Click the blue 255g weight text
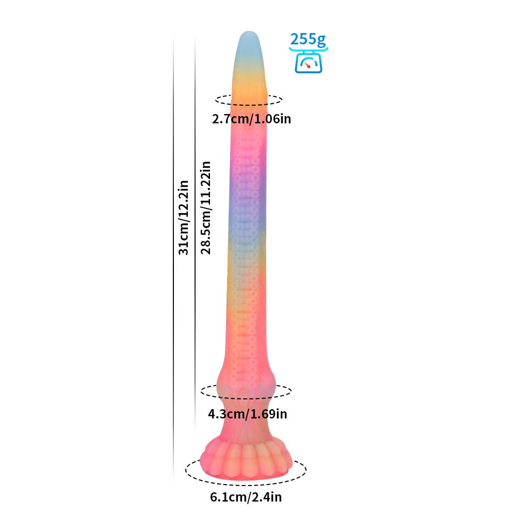pos(308,40)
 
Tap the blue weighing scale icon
pos(309,61)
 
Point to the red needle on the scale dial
pos(308,65)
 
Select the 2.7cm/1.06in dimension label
pos(251,119)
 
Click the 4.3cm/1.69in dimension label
pos(248,414)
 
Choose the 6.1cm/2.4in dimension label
pos(246,497)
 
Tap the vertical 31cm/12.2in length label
pos(183,218)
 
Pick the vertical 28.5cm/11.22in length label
pos(206,207)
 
